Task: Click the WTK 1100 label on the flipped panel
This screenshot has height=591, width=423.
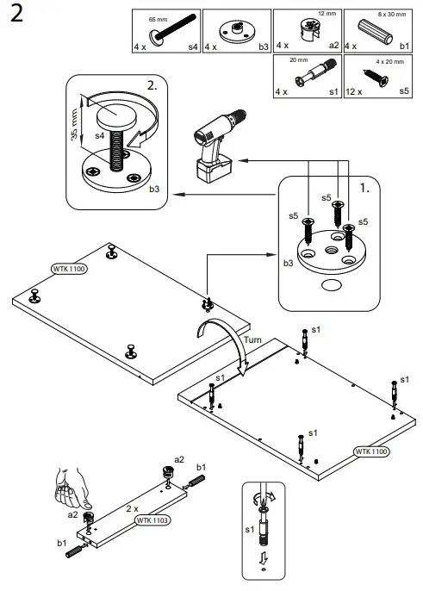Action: pos(372,451)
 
